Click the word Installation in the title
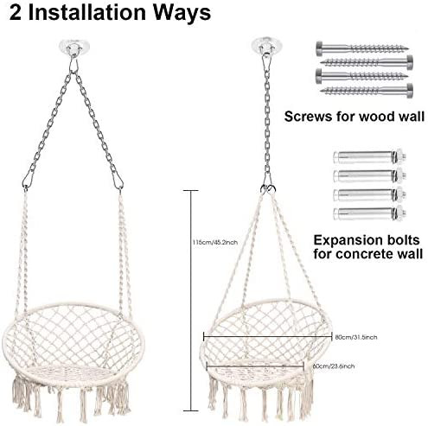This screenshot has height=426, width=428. click(x=86, y=12)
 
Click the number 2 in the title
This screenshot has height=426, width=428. click(x=16, y=12)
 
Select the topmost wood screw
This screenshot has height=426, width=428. click(x=362, y=47)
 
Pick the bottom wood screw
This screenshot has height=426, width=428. click(x=367, y=90)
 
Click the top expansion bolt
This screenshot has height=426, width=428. click(x=370, y=156)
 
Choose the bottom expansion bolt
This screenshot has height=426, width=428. click(x=370, y=213)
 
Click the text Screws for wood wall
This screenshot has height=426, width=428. click(x=355, y=117)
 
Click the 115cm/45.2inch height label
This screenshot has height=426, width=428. click(x=215, y=242)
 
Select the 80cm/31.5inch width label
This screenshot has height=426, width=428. click(x=356, y=337)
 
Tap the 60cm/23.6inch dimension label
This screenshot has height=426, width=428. click(x=334, y=366)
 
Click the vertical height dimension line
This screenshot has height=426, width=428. click(x=190, y=301)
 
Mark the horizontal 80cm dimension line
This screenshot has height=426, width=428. click(x=268, y=336)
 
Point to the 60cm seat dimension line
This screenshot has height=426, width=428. click(x=255, y=366)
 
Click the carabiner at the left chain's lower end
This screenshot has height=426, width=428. click(x=28, y=179)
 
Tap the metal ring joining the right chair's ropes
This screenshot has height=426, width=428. click(x=268, y=189)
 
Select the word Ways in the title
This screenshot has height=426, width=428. click(x=182, y=13)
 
